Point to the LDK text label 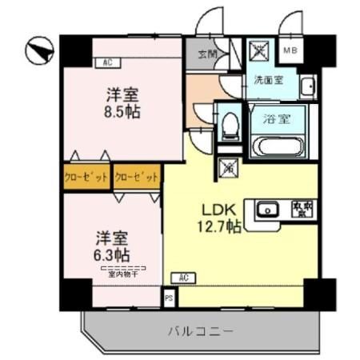coord(218,210)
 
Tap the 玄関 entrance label coord(207,55)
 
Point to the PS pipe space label coord(169,298)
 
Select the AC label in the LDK coord(183,278)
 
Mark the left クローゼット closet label coord(86,176)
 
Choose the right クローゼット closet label coord(136,176)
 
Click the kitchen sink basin coord(267,210)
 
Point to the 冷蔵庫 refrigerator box coord(302,210)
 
